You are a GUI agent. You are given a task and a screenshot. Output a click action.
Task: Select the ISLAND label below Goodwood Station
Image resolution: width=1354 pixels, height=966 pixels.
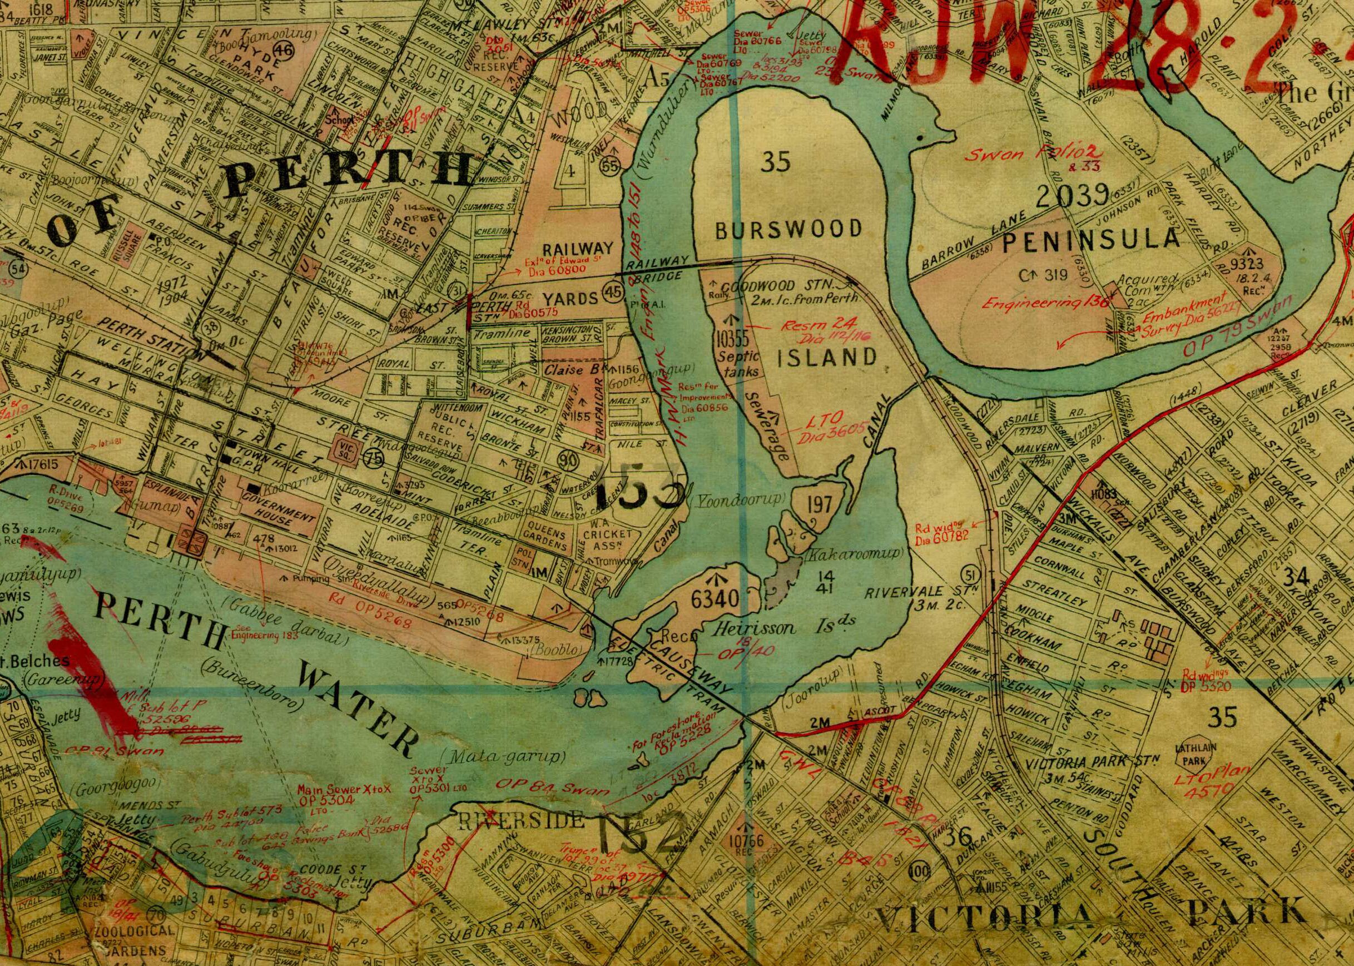click(828, 358)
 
